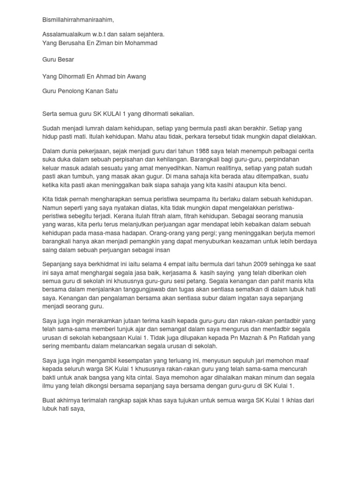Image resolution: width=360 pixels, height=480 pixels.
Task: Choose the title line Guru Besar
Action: coord(58,60)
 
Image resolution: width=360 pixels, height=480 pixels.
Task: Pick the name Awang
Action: coord(142,76)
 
